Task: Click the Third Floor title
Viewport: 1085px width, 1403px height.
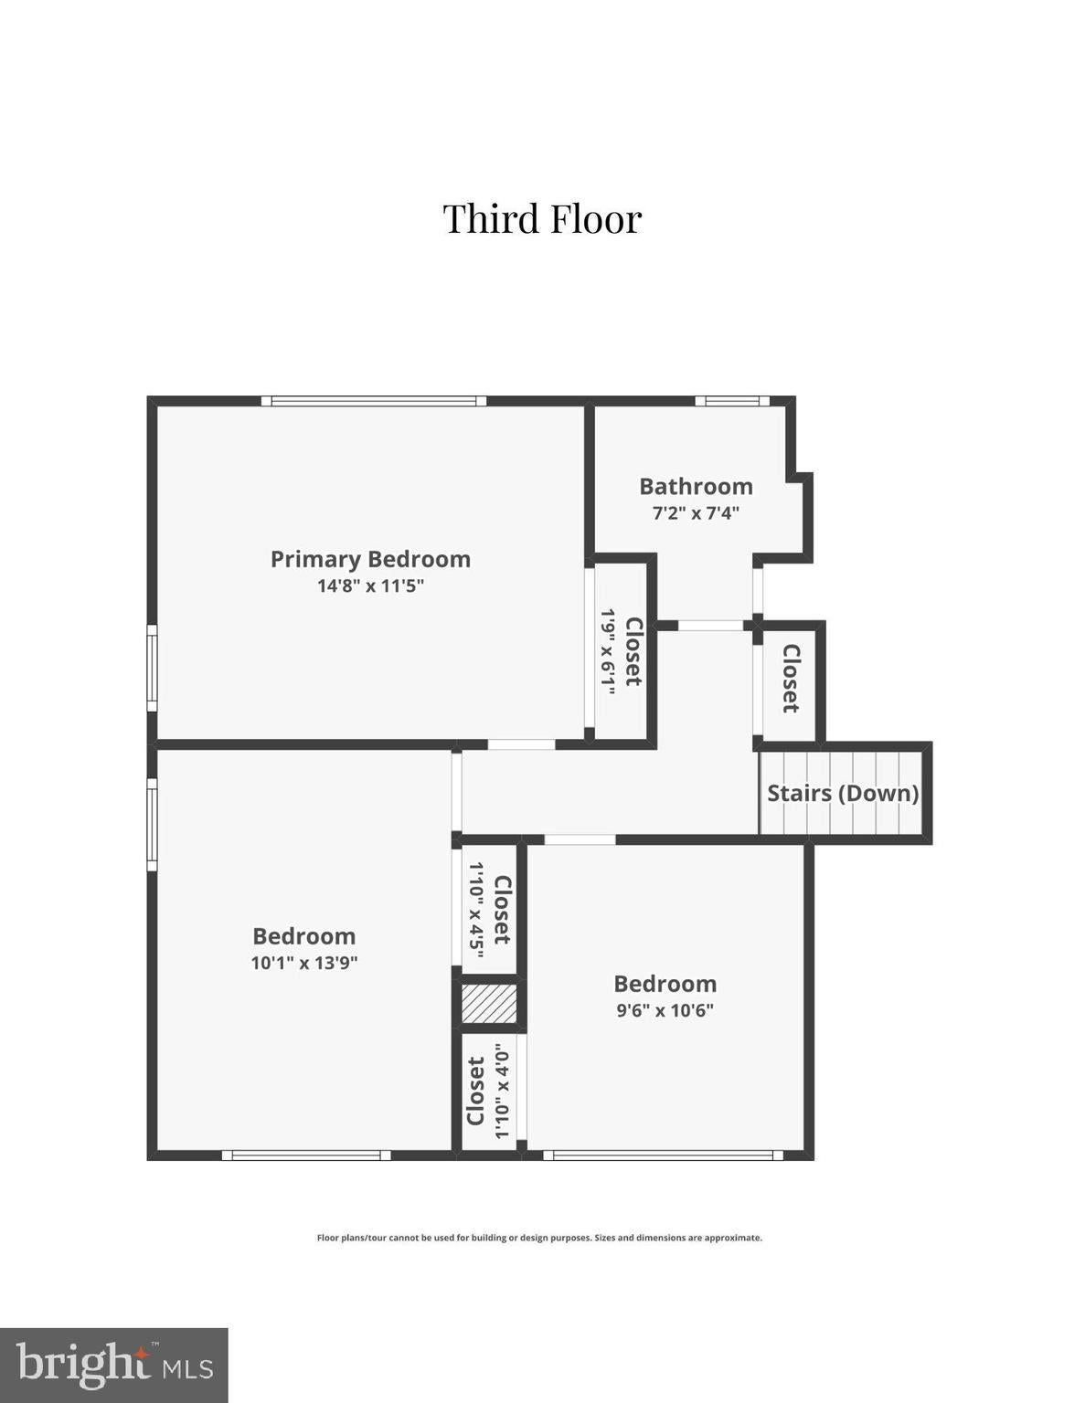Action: coord(543,218)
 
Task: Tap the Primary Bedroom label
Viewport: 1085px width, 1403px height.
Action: coord(370,559)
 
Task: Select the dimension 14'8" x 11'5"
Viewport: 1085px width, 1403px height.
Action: coord(370,586)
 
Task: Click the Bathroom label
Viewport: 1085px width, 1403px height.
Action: coord(696,486)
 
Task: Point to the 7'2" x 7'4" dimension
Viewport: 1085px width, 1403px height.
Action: coord(696,513)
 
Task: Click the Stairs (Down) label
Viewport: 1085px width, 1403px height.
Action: coord(843,793)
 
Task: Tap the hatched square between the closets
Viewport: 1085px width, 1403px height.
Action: coord(489,1004)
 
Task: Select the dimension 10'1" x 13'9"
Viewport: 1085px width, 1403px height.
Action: coord(304,963)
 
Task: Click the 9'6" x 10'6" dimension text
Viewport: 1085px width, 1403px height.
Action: coord(665,1010)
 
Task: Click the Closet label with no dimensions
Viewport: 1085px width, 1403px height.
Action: coord(792,679)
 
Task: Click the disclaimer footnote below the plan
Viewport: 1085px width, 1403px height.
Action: coord(539,1238)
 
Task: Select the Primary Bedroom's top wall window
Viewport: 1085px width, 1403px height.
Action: coord(373,401)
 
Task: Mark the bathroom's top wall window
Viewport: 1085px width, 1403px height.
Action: coord(732,401)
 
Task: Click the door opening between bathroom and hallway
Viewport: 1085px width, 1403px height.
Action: coord(710,625)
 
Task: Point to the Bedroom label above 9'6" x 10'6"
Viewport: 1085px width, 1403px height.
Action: coord(665,984)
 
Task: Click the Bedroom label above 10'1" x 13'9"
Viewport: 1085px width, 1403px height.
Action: coord(304,936)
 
